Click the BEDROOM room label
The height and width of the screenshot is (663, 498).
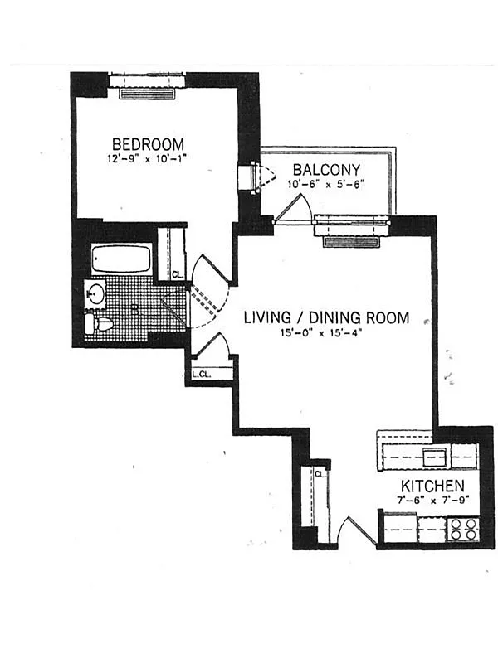pos(148,144)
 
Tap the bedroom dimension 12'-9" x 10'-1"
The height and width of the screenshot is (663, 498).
pos(147,159)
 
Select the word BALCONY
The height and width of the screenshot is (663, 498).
pos(326,170)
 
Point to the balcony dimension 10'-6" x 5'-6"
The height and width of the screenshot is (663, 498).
pos(325,184)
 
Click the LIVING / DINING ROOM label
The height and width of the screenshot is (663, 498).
pos(326,317)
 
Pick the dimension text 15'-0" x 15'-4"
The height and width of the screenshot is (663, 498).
pos(320,333)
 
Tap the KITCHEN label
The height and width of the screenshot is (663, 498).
pos(432,486)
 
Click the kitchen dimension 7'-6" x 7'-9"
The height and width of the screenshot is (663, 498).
pos(432,501)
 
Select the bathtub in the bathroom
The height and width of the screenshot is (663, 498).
pos(121,259)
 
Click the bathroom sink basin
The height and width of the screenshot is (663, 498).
pos(95,293)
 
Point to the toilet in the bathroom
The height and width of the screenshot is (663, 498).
pos(98,324)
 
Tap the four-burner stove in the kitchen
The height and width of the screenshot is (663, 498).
pos(462,529)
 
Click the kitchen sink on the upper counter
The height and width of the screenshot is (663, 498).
pos(434,457)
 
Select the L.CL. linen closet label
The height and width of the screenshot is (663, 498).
pos(201,375)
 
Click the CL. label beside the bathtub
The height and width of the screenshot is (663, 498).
pos(178,274)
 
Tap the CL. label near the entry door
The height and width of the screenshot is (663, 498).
pos(320,474)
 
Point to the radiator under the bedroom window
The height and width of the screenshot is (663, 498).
pos(147,94)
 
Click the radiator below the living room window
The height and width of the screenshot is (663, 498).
pos(350,242)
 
